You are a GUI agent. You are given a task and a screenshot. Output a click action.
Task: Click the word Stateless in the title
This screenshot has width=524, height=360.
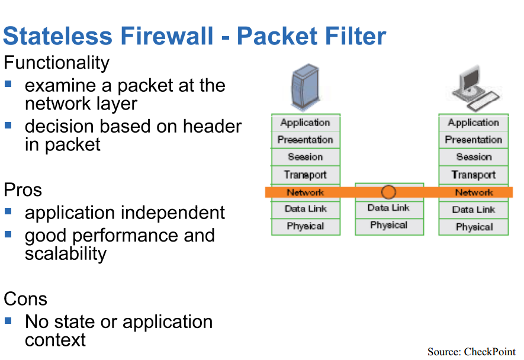(x=58, y=36)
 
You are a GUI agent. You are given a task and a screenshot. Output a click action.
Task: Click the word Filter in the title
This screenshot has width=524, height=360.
(x=356, y=36)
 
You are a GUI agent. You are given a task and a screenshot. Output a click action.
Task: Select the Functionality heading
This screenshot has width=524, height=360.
(x=56, y=63)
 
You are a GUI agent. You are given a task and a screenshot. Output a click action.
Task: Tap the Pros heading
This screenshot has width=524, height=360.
(x=22, y=190)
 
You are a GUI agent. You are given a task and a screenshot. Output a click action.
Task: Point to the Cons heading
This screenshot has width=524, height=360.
(x=25, y=298)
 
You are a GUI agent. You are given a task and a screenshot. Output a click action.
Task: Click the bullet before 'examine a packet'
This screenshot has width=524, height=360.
(x=8, y=83)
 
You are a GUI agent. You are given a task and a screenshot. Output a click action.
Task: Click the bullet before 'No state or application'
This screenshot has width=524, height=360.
(x=8, y=321)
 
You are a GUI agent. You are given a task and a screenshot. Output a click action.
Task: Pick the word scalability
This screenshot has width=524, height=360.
(x=66, y=254)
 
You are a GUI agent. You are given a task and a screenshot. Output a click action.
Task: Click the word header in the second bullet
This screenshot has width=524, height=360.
(x=212, y=126)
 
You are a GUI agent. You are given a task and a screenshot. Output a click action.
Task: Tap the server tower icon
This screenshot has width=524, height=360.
(x=306, y=86)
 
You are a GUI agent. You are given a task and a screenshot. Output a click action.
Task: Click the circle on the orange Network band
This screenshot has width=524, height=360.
(x=388, y=192)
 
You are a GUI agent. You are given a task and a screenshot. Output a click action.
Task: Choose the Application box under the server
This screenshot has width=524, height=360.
(x=306, y=123)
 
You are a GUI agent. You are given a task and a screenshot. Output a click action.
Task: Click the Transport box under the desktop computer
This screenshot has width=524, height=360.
(x=474, y=175)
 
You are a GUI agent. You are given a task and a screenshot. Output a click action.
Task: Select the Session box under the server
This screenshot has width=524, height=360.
(x=306, y=157)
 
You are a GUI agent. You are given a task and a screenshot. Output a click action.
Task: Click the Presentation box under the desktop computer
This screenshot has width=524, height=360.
(x=474, y=140)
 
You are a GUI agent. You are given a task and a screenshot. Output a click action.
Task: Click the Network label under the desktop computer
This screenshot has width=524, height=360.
(x=474, y=192)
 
